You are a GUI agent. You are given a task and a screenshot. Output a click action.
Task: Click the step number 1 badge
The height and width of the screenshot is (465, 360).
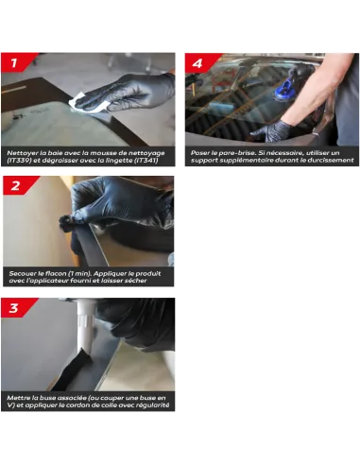point(16,62)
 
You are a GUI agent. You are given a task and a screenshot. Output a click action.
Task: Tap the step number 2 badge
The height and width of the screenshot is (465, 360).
point(18,185)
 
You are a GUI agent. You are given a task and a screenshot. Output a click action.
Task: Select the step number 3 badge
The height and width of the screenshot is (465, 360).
point(16,307)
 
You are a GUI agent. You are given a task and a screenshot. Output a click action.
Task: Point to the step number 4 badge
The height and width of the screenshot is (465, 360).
point(200,63)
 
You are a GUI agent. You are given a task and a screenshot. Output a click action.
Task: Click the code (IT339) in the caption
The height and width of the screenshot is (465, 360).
point(19,161)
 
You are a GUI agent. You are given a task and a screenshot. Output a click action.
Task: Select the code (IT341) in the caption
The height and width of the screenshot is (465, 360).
point(146,161)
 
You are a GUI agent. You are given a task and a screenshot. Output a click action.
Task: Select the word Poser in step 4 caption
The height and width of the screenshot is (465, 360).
point(199,153)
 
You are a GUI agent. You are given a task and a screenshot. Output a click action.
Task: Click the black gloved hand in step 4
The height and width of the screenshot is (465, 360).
point(272,130)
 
